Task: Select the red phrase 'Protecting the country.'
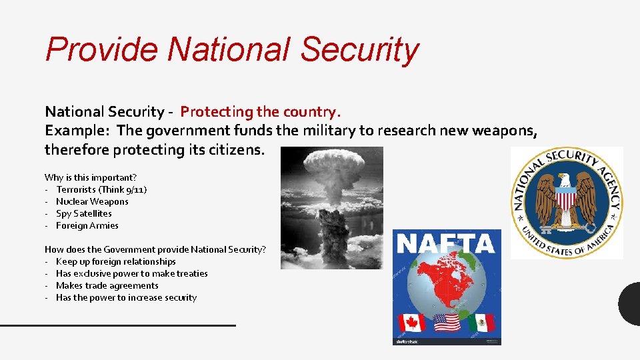pos(261,111)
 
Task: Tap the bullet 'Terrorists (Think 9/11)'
pos(101,189)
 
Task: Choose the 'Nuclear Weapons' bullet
pos(92,201)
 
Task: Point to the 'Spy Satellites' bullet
pos(84,213)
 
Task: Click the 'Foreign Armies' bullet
pos(87,225)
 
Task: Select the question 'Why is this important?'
pos(91,177)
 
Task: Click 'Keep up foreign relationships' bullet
pos(116,261)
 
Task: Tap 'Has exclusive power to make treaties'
pos(132,273)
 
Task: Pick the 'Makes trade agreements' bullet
pos(107,285)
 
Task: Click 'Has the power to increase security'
pos(127,297)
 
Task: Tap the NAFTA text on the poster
pos(445,244)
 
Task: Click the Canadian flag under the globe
pos(412,323)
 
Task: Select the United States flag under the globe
pos(446,323)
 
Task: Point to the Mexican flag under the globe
pos(481,323)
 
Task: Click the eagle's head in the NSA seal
pos(567,180)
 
